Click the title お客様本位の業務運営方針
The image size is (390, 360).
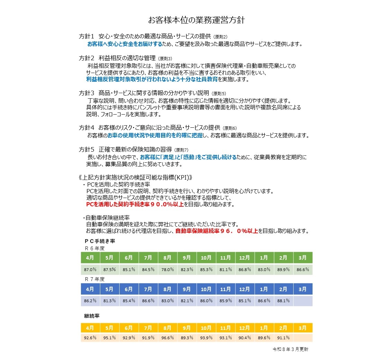tap(196, 20)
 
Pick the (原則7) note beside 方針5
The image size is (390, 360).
tap(181, 150)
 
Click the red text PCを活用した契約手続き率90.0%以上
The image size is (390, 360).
tap(135, 205)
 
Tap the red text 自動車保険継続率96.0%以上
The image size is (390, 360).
tap(217, 231)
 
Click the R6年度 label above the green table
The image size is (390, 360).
tap(94, 249)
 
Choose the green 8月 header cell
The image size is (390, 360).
tap(168, 258)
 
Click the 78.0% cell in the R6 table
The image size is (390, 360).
tap(168, 270)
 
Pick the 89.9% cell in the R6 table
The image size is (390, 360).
tap(284, 270)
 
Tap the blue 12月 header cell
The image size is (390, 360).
tap(245, 289)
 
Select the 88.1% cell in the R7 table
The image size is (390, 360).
tap(284, 301)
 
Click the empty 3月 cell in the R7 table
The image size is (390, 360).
tap(303, 301)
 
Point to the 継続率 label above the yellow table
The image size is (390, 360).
tap(92, 316)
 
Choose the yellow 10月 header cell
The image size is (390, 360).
tap(206, 328)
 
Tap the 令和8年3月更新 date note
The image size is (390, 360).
tap(290, 349)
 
